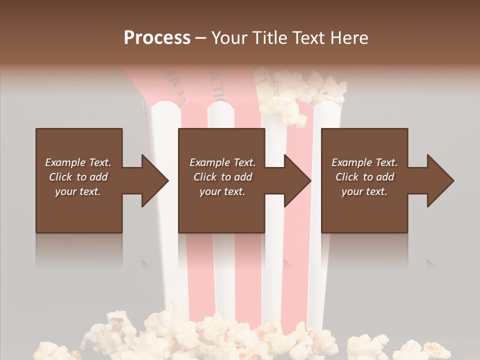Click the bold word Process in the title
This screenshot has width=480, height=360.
[157, 38]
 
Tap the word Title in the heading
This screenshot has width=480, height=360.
[270, 38]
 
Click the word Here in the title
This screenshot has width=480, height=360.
[349, 38]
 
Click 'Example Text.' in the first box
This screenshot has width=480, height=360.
[78, 162]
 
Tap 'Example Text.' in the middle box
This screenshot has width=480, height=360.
[222, 162]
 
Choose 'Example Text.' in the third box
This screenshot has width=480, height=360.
[364, 162]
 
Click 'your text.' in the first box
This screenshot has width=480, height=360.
[78, 191]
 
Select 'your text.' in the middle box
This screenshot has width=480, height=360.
[222, 191]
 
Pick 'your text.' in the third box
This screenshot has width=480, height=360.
[364, 191]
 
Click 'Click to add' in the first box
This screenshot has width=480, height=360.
[78, 177]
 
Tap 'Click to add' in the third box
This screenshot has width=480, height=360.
[364, 177]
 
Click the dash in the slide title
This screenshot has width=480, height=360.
[201, 38]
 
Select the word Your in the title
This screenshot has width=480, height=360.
[230, 38]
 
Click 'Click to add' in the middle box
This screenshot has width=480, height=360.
[222, 177]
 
